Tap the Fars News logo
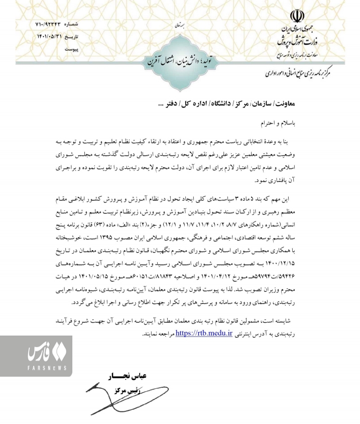point(35,358)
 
